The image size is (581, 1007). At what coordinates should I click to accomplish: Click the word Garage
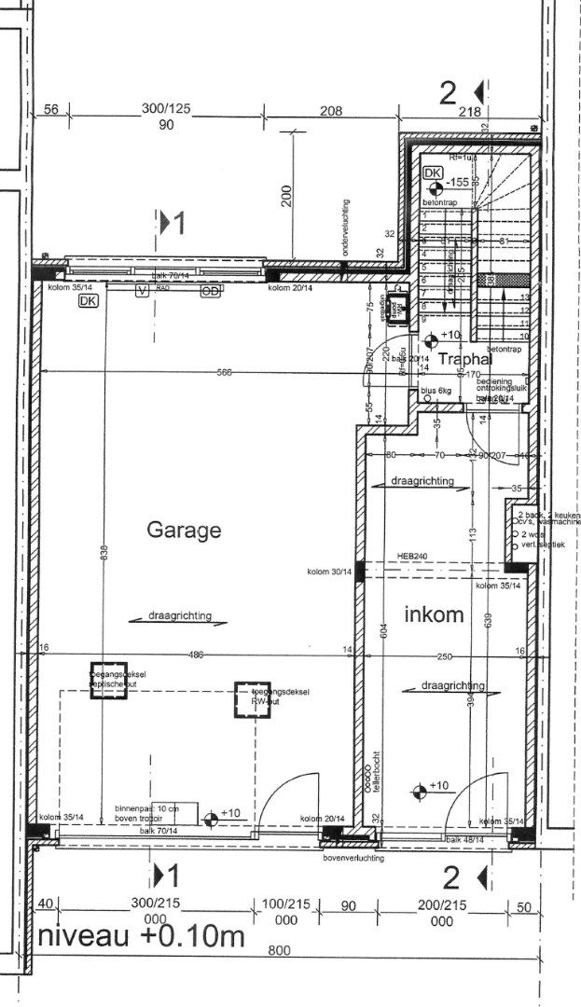pos(184,531)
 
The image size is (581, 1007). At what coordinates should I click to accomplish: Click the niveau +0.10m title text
pos(140,937)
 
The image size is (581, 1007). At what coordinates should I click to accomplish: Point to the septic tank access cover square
pos(102,675)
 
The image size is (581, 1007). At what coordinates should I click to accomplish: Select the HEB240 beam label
pos(411,556)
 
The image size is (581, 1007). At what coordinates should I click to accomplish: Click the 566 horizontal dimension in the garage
pos(223,373)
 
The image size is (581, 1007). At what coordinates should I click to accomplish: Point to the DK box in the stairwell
pos(433,173)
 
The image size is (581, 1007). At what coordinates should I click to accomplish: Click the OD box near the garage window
pos(211,291)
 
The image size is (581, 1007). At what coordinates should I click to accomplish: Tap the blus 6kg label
pos(436,391)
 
